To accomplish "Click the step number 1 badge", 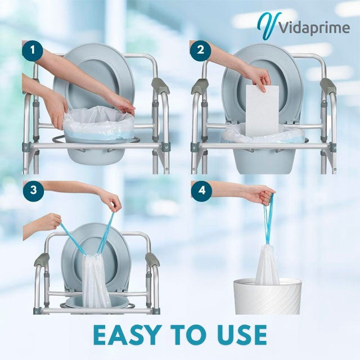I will click(33, 52).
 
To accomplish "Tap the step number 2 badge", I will click(200, 52).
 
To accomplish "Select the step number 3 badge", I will click(33, 190).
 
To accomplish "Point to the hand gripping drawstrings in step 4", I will click(259, 195).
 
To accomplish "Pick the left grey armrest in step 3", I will click(42, 259).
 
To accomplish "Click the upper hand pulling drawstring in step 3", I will click(109, 200).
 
